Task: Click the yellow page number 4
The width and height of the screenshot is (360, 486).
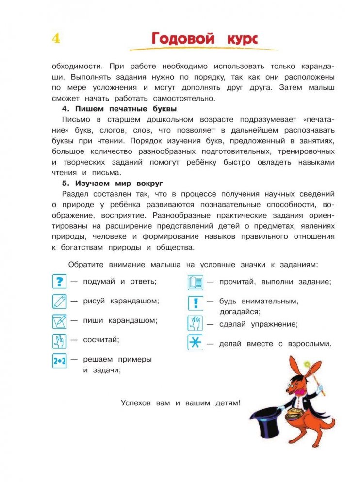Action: click(56, 38)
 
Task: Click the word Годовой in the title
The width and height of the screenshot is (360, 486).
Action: click(183, 38)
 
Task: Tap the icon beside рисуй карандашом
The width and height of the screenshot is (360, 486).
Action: click(59, 301)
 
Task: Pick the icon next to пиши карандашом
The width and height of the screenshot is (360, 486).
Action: click(59, 321)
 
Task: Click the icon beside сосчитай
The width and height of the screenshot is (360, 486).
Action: click(59, 340)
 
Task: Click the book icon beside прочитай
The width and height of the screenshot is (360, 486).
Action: click(195, 282)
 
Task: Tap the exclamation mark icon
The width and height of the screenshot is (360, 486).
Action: click(195, 302)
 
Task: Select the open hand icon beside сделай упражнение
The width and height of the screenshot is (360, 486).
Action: click(195, 323)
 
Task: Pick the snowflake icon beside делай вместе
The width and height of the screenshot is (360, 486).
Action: click(195, 343)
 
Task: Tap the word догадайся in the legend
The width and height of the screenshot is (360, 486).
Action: click(240, 312)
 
